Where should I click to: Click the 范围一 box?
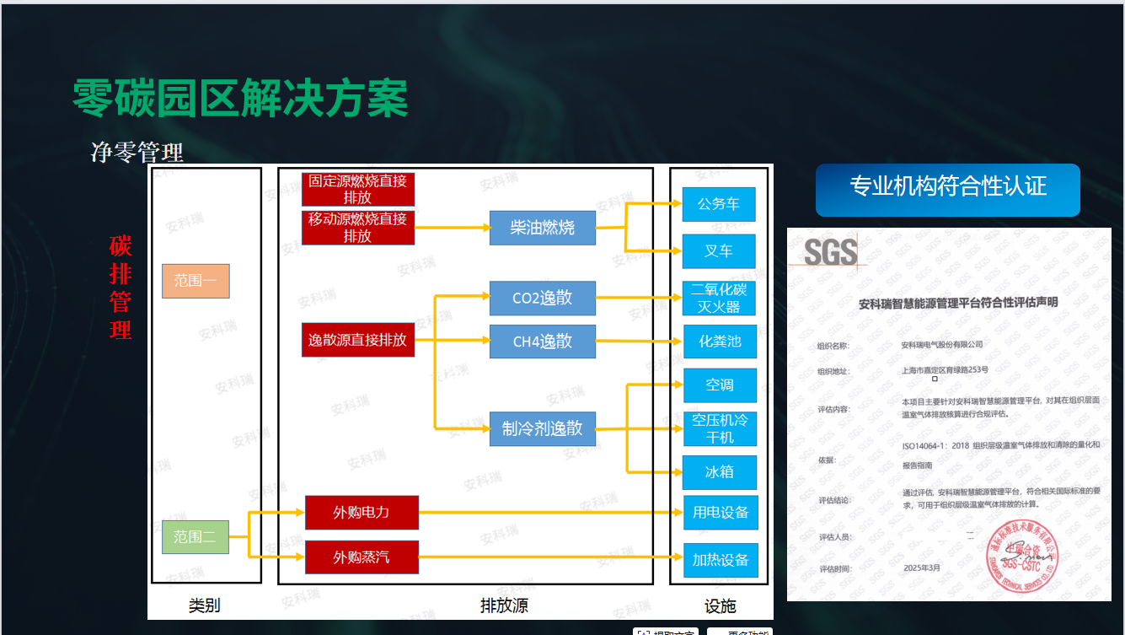[196, 281]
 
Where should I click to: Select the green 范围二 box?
[195, 536]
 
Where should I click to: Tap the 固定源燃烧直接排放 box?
[358, 189]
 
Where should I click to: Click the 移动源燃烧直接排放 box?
[358, 228]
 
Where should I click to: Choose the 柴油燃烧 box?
[542, 228]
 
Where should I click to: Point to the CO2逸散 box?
[542, 298]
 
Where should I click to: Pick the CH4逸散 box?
[542, 342]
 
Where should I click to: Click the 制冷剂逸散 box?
[542, 428]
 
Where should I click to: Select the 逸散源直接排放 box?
[358, 340]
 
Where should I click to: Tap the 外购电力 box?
[362, 512]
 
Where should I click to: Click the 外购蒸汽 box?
[362, 557]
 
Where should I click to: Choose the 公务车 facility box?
[719, 204]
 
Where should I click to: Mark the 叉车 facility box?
[719, 251]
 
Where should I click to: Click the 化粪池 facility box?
[719, 342]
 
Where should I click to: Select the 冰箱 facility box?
[719, 472]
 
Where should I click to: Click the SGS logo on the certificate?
[830, 252]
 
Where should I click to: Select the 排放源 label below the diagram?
[504, 605]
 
